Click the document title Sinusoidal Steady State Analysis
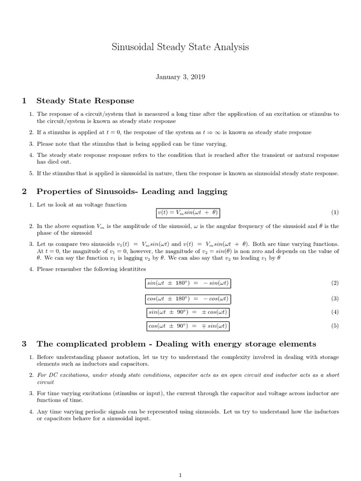pyautogui.click(x=180, y=47)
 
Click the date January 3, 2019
pyautogui.click(x=180, y=77)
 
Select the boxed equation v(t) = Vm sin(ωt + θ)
pyautogui.click(x=188, y=212)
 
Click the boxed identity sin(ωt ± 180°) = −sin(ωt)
pyautogui.click(x=188, y=283)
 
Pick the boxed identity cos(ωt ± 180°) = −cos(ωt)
pyautogui.click(x=188, y=299)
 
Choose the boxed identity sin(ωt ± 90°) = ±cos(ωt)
pyautogui.click(x=188, y=312)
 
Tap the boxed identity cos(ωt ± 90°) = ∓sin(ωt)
pyautogui.click(x=188, y=326)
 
